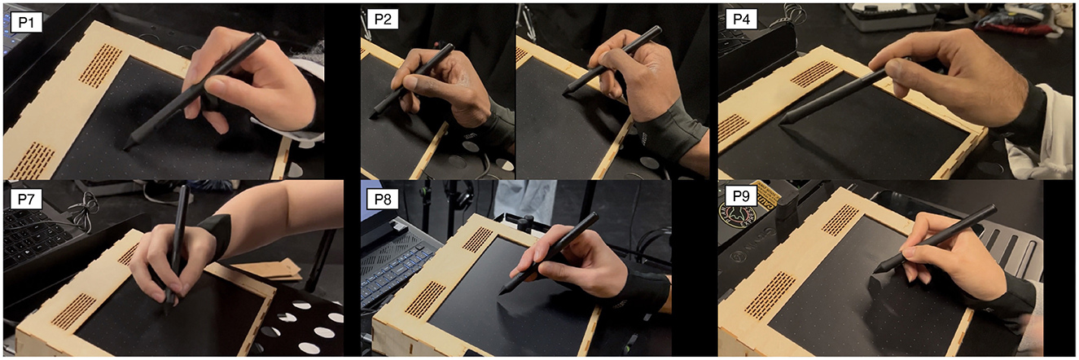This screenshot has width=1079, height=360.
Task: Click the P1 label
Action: (26, 23)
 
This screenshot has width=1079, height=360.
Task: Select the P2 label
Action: (383, 20)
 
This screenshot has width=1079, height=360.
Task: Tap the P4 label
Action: (741, 20)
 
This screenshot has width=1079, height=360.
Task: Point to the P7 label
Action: (26, 199)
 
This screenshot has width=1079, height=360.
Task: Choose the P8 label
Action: (383, 199)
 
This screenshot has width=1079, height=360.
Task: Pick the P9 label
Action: (741, 195)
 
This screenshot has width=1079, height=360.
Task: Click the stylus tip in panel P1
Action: (125, 149)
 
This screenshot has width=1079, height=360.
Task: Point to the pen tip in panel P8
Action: (502, 292)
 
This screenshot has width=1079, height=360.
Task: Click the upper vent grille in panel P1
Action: (100, 65)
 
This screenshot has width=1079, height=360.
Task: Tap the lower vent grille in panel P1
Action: (33, 160)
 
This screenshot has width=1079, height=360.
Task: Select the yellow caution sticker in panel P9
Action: (766, 192)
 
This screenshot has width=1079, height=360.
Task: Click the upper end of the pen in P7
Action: (184, 188)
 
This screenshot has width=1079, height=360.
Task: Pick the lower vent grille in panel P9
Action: (770, 295)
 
